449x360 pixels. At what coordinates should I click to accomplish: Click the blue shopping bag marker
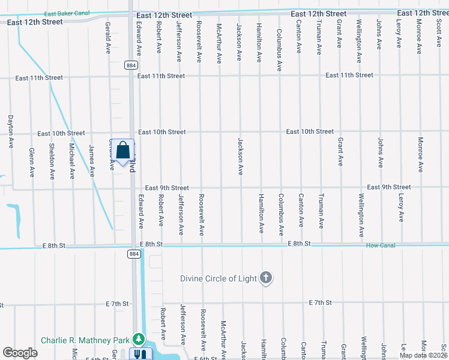point(122,151)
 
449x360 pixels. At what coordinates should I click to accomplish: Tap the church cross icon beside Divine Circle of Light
point(266,278)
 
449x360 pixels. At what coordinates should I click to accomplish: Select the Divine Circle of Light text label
point(219,278)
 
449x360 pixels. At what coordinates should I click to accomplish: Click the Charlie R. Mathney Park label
point(86,340)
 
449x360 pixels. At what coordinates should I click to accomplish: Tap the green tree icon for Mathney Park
point(139,340)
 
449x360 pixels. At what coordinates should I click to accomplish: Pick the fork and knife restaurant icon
point(139,355)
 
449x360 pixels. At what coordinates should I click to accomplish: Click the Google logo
point(20,353)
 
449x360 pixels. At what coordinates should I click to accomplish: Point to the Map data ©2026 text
point(423,355)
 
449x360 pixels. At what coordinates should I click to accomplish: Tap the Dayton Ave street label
point(11,131)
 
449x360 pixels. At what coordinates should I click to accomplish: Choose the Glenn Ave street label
point(32,162)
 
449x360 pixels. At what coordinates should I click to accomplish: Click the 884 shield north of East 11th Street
point(131,65)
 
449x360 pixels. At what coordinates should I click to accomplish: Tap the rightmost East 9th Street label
point(389,187)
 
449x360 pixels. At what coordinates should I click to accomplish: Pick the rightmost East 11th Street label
point(349,75)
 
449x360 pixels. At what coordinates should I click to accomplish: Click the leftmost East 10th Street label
point(61,133)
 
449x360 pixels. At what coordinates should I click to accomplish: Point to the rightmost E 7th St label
point(319,302)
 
